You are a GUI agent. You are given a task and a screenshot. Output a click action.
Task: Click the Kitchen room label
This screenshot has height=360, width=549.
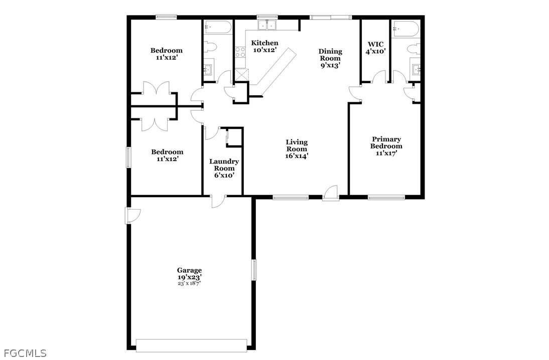[264, 46]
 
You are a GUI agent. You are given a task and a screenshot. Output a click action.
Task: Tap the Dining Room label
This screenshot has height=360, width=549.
[330, 59]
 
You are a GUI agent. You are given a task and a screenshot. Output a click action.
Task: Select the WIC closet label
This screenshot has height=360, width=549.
[376, 48]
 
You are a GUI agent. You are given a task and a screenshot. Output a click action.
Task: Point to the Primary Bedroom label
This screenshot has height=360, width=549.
[386, 146]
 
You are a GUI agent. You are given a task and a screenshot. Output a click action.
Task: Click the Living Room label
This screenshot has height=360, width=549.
[297, 149]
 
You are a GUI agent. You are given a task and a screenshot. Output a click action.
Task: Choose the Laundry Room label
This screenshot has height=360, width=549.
[224, 168]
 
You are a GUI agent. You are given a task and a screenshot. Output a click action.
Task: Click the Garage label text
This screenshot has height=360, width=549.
[189, 270]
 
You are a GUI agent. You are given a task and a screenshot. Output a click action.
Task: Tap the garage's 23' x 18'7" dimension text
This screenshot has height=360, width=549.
[189, 283]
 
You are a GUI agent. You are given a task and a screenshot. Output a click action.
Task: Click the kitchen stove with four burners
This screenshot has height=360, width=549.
[240, 52]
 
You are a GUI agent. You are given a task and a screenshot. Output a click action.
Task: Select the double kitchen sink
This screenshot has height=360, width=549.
[267, 25]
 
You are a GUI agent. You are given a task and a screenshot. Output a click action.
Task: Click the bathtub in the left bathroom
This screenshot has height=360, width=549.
[218, 27]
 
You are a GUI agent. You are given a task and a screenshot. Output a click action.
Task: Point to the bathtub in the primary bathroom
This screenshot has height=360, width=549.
[406, 27]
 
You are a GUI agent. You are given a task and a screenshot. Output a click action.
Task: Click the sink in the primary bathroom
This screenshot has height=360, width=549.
[416, 68]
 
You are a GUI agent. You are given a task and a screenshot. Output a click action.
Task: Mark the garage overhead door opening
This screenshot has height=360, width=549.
[191, 345]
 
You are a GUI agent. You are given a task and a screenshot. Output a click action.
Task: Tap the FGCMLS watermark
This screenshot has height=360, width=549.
[23, 353]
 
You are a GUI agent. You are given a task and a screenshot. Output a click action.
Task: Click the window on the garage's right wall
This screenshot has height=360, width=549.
[254, 270]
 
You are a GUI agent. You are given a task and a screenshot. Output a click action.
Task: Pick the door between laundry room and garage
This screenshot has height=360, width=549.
[219, 201]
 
